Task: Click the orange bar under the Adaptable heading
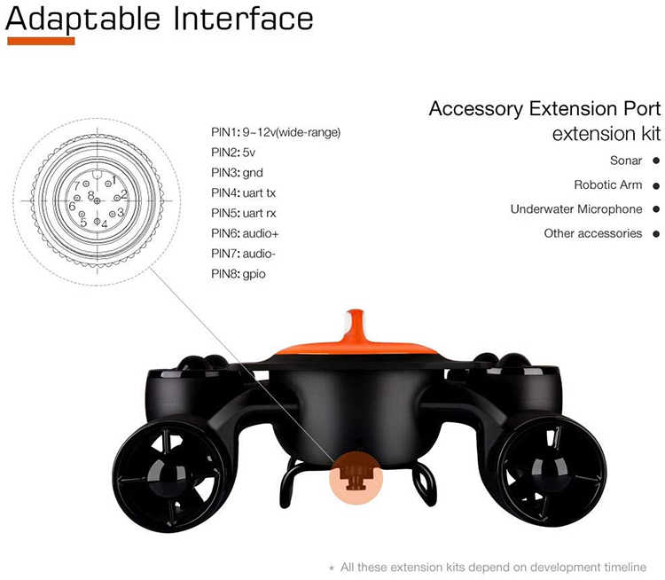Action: click(41, 41)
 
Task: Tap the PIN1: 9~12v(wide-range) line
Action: click(276, 132)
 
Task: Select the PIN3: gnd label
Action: click(237, 173)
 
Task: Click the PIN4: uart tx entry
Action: click(244, 193)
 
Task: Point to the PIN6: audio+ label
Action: click(245, 233)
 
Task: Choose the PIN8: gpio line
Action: click(239, 274)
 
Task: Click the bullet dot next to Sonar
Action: click(656, 161)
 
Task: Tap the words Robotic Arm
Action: click(607, 185)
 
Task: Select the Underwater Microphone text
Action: click(576, 209)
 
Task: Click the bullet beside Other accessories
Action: click(656, 234)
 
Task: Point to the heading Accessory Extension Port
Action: click(544, 108)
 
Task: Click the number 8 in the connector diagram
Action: click(90, 196)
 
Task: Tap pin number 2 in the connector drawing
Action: click(124, 195)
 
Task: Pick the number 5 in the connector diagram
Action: click(83, 223)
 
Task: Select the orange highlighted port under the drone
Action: click(356, 478)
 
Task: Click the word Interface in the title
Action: click(244, 20)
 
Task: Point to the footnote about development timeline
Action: click(489, 568)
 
